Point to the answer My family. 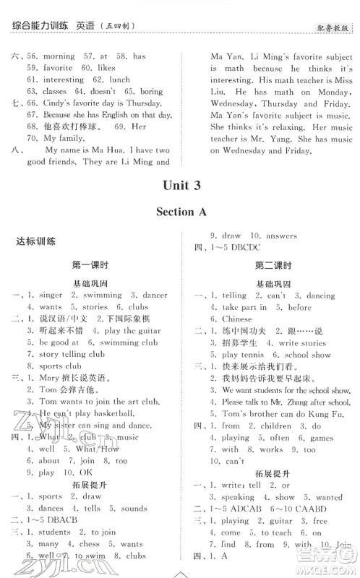(x=60, y=138)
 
